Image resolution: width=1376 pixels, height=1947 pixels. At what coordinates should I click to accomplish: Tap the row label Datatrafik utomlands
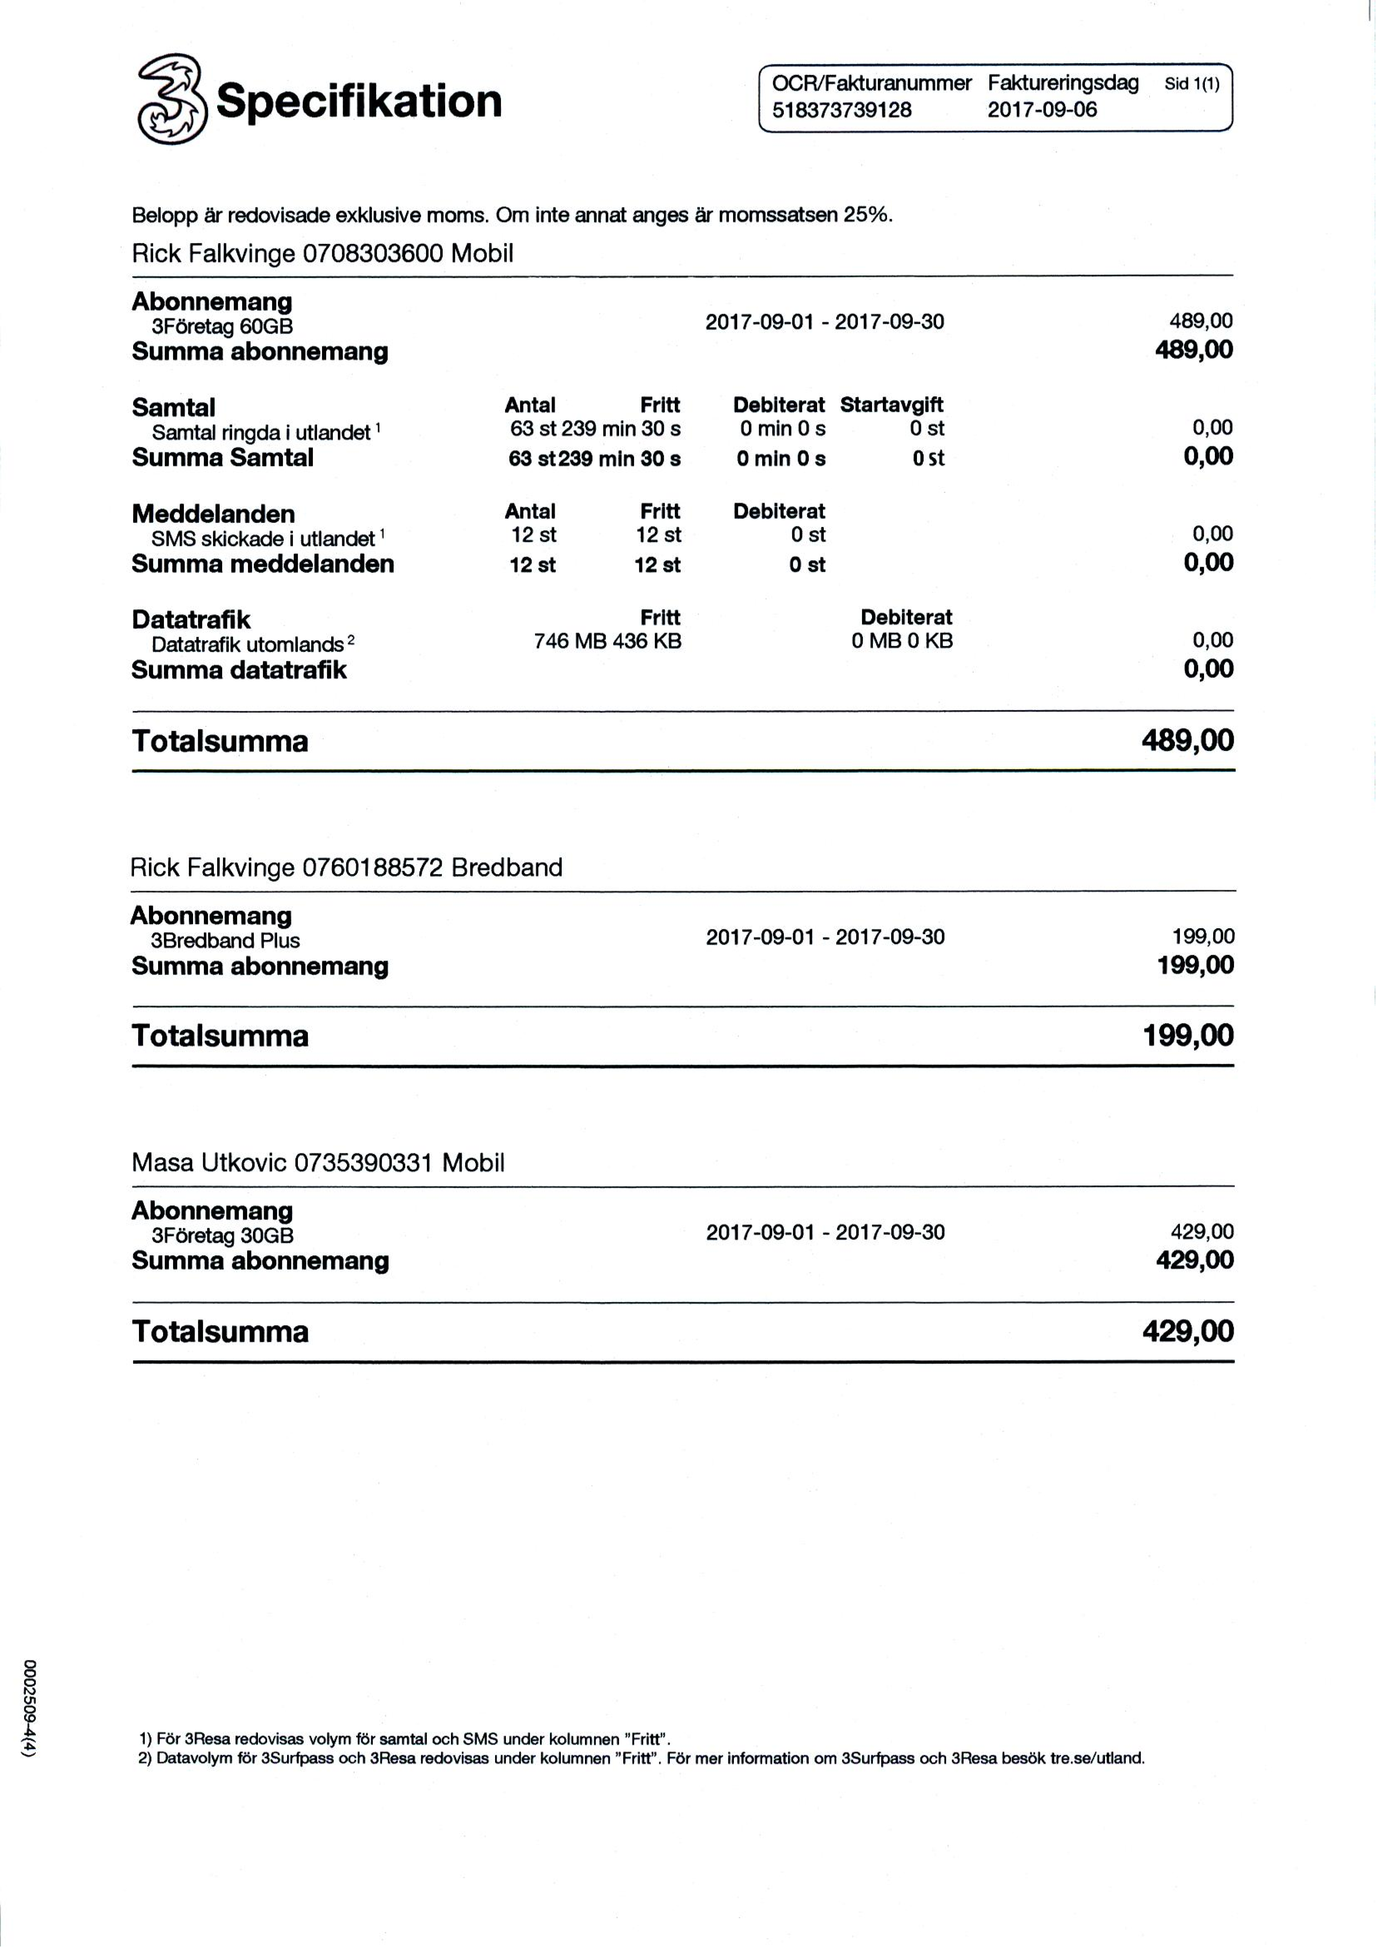click(x=248, y=644)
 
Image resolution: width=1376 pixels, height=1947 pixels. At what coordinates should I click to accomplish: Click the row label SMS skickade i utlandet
click(x=263, y=538)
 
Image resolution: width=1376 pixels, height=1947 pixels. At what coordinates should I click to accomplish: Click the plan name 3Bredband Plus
click(x=225, y=940)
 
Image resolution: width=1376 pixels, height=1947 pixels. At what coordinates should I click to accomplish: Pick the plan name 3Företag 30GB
click(x=222, y=1235)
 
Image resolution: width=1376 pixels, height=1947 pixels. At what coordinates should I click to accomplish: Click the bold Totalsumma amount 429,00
click(x=1188, y=1330)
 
